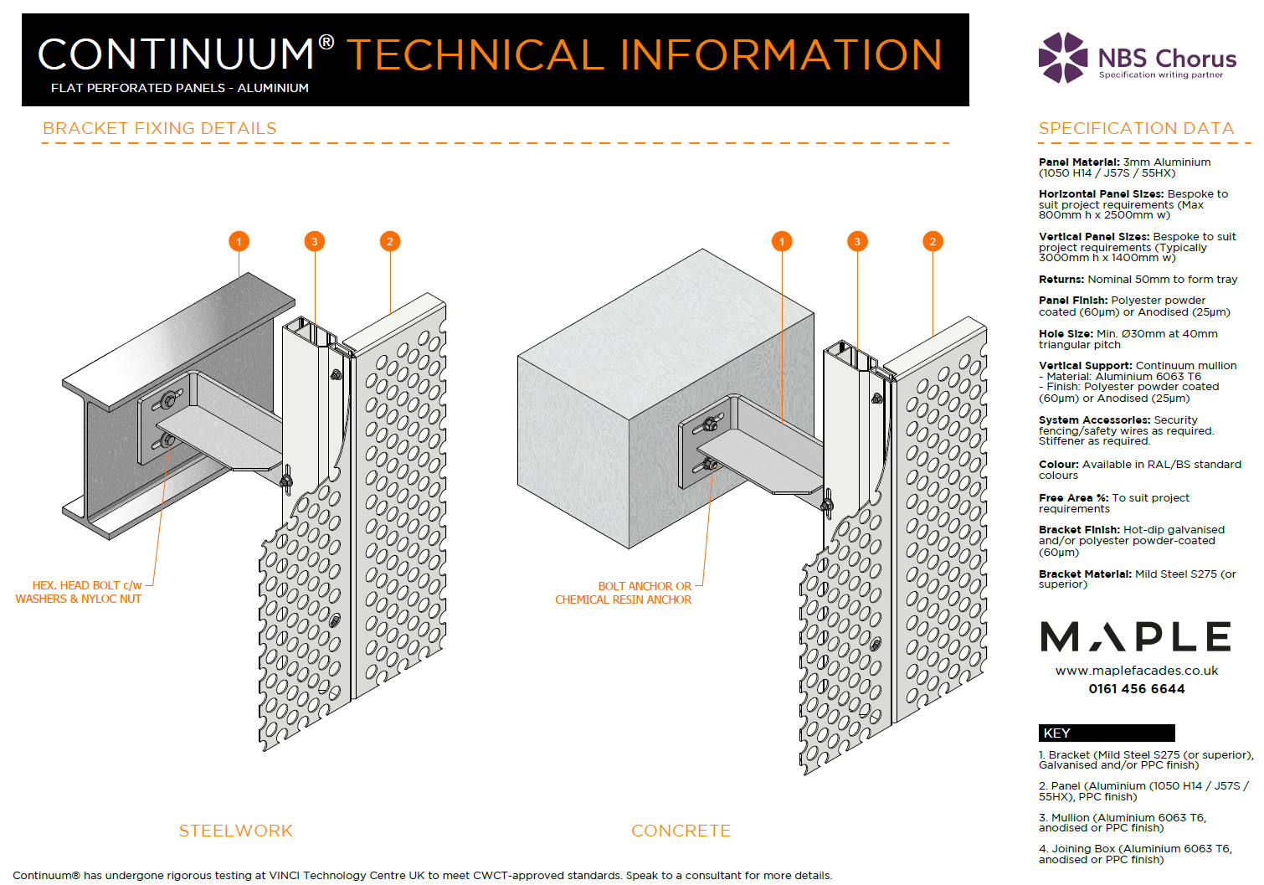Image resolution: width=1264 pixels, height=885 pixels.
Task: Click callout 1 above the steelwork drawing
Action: pyautogui.click(x=239, y=241)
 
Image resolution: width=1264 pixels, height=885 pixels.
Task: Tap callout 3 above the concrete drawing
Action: pyautogui.click(x=856, y=241)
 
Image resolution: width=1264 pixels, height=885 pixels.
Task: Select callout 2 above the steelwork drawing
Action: pyautogui.click(x=389, y=241)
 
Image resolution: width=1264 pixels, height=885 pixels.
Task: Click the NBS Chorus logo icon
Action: pyautogui.click(x=1063, y=58)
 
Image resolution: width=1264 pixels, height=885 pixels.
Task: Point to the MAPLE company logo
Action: pyautogui.click(x=1136, y=637)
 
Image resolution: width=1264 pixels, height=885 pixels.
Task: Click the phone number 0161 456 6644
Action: pyautogui.click(x=1136, y=689)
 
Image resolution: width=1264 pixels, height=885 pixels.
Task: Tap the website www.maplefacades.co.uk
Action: pyautogui.click(x=1136, y=671)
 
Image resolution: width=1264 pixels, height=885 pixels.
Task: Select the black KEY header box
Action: pyautogui.click(x=1106, y=733)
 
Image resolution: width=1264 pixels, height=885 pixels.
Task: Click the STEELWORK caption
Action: pyautogui.click(x=235, y=831)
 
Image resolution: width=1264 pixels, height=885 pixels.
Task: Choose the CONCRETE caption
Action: pyautogui.click(x=681, y=831)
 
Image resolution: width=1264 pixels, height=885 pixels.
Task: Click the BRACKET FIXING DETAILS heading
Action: pyautogui.click(x=159, y=128)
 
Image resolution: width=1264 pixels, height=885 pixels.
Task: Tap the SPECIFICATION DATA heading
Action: pyautogui.click(x=1136, y=128)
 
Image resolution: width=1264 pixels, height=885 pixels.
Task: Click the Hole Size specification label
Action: pyautogui.click(x=1066, y=333)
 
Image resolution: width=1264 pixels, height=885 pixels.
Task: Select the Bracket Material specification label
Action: pyautogui.click(x=1085, y=574)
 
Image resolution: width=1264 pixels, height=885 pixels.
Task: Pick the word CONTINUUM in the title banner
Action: pyautogui.click(x=176, y=54)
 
